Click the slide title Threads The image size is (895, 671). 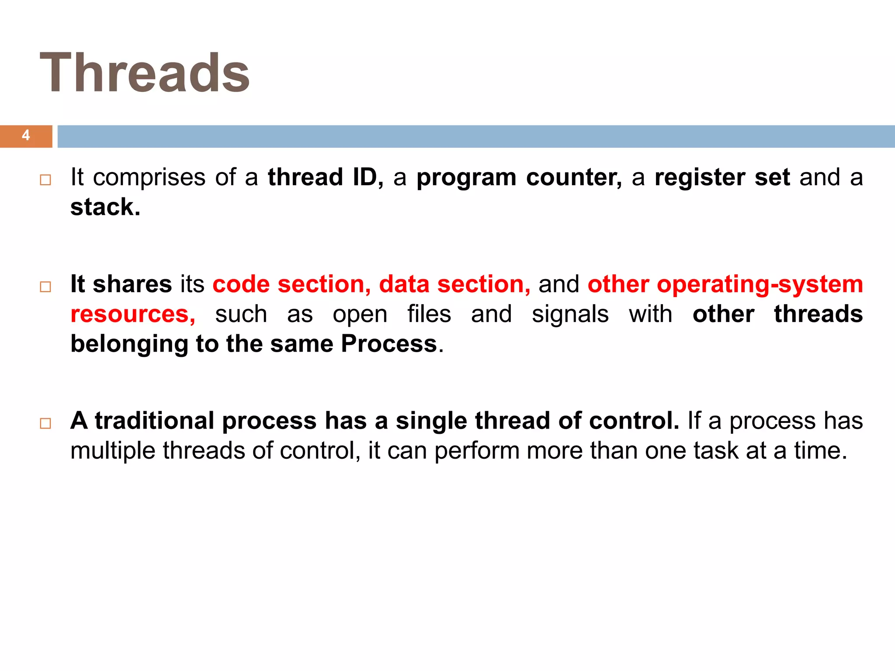(145, 73)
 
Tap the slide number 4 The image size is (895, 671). (26, 135)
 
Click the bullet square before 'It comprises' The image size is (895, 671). (45, 180)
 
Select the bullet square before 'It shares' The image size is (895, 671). (45, 287)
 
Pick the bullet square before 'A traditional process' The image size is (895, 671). (45, 423)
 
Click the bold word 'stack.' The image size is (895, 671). (105, 207)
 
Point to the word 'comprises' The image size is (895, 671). (149, 177)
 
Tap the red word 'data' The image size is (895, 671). (404, 284)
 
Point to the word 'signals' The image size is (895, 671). (570, 314)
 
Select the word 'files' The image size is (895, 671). (429, 314)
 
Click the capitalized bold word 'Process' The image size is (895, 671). (389, 344)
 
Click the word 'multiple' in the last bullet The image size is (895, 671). (113, 450)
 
